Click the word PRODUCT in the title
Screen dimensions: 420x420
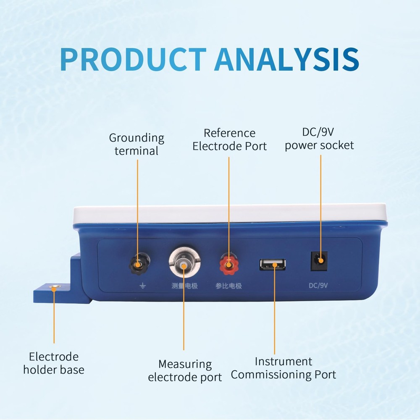coord(133,59)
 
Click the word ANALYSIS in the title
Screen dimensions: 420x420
coord(286,59)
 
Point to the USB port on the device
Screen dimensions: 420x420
coord(273,264)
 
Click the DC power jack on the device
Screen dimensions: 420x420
coord(320,260)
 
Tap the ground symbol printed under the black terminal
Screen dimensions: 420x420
coord(142,286)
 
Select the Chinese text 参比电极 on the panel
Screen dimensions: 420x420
coord(229,286)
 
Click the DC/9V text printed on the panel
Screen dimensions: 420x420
coord(318,286)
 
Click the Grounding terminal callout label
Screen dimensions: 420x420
coord(136,144)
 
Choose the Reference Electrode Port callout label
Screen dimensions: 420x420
coord(229,139)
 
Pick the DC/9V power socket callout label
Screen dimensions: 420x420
coord(320,139)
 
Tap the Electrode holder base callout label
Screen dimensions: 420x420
coord(54,363)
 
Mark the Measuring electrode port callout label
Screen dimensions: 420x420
coord(185,370)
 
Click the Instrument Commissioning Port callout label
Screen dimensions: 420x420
coord(283,368)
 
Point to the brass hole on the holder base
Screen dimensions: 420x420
coord(54,288)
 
